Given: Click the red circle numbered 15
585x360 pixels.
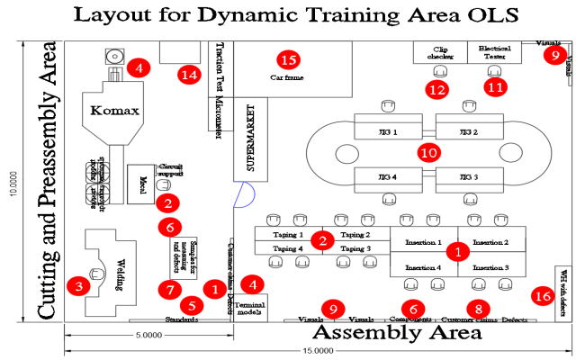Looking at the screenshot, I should coord(288,59).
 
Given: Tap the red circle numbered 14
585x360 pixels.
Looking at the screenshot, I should coord(188,75).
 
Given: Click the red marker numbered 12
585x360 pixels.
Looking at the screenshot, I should coord(437,89).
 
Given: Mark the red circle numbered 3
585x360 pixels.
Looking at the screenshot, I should coord(78,286).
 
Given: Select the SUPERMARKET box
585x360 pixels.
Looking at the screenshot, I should coord(246,139).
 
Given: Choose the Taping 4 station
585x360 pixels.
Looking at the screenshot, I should coord(288,248).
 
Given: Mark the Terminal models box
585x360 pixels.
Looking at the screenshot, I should coord(249,305).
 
